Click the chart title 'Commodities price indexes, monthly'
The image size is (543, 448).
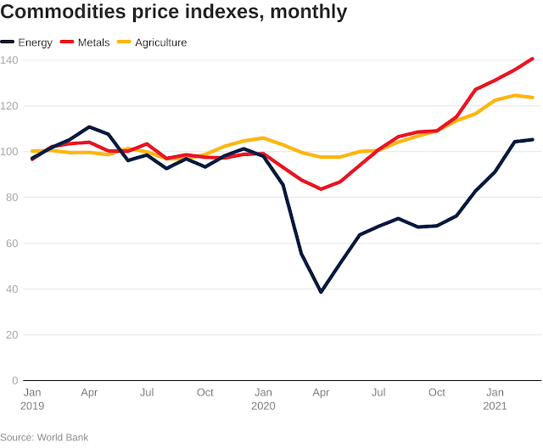174,13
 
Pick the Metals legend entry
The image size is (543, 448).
92,42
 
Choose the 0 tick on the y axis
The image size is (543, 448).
14,380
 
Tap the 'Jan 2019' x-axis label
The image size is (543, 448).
32,399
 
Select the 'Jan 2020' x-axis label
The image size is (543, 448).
263,399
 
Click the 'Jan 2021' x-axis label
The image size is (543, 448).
495,399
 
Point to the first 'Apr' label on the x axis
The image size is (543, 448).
89,393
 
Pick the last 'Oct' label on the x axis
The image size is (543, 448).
437,393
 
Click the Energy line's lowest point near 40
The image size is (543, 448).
321,292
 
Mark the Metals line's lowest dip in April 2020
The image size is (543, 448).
321,188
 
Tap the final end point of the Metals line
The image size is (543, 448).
532,59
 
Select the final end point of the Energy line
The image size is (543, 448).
532,139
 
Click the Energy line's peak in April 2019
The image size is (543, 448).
89,127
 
